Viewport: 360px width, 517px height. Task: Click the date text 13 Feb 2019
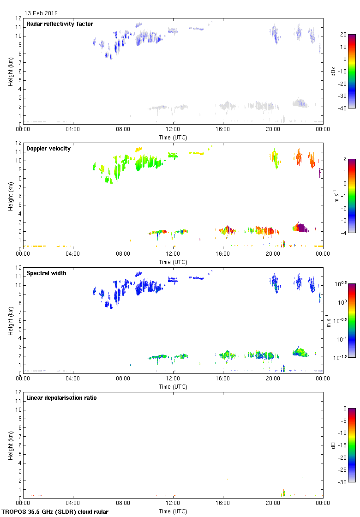pyautogui.click(x=41, y=13)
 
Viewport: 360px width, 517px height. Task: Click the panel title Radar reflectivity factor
pyautogui.click(x=60, y=24)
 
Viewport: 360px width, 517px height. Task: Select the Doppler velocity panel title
pyautogui.click(x=48, y=149)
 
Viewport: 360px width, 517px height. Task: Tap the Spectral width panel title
pyautogui.click(x=47, y=273)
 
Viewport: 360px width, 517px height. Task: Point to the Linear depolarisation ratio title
pyautogui.click(x=61, y=398)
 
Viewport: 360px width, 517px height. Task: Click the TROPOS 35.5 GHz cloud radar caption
pyautogui.click(x=55, y=511)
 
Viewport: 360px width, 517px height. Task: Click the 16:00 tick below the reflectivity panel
pyautogui.click(x=223, y=129)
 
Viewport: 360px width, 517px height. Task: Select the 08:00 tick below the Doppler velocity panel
pyautogui.click(x=123, y=254)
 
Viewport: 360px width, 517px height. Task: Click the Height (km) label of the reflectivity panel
pyautogui.click(x=10, y=71)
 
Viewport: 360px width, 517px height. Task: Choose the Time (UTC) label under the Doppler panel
pyautogui.click(x=173, y=262)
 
